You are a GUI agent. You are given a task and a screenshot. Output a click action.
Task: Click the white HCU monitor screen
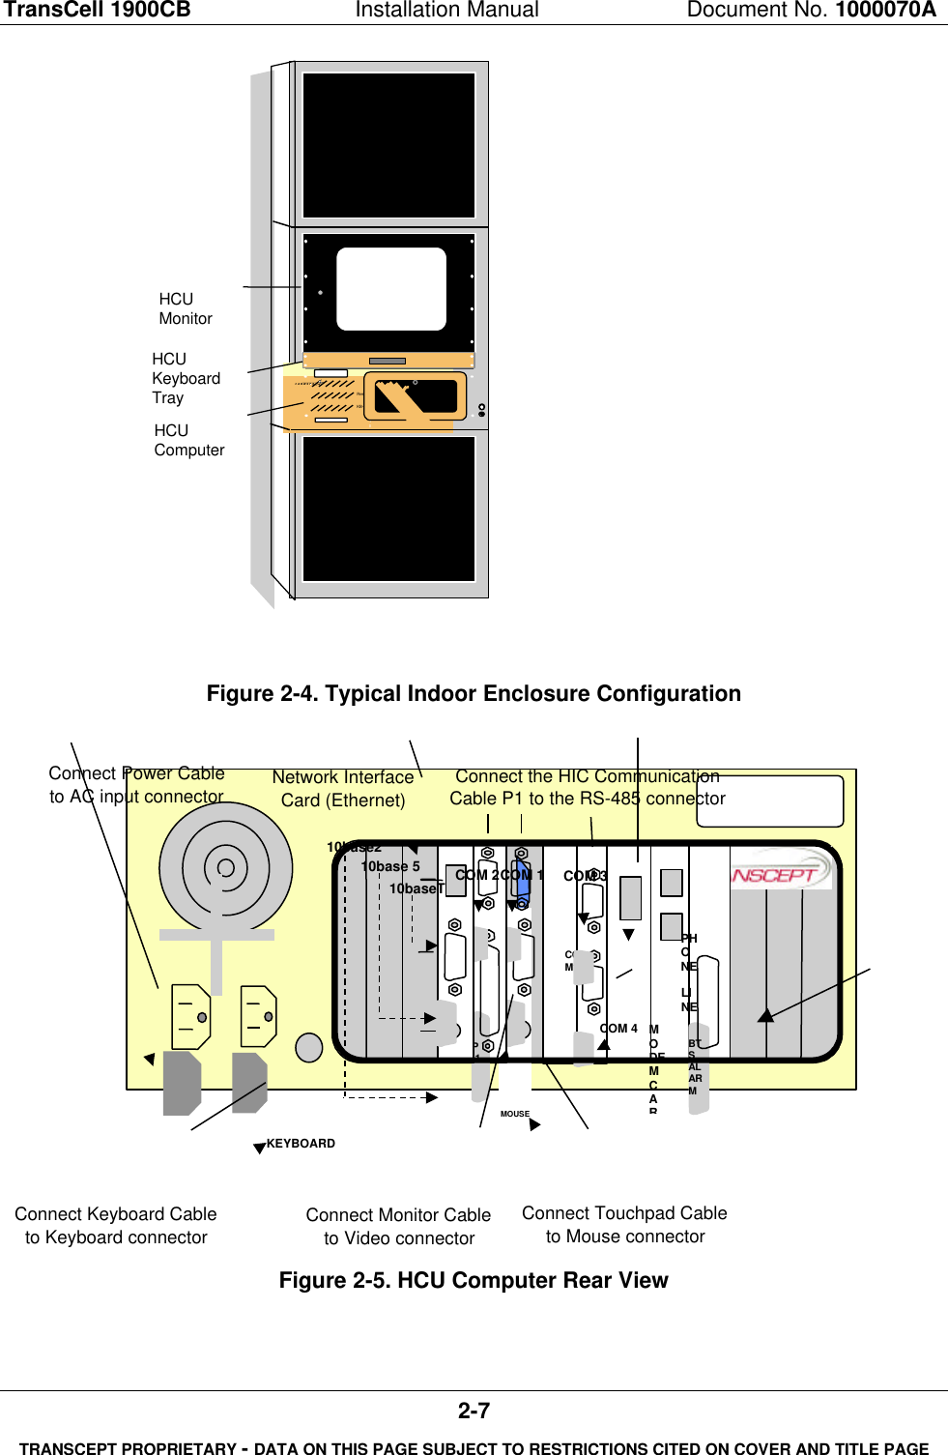390,288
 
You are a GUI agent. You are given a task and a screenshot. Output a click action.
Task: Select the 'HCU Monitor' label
186,309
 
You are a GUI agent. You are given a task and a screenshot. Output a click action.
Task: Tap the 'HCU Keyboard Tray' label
186,378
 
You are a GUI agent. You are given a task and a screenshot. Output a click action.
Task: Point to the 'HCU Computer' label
189,441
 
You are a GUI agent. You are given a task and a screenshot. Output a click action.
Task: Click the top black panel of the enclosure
389,145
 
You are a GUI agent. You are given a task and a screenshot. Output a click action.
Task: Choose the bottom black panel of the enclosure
389,509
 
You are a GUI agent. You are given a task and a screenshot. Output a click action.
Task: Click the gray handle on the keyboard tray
387,362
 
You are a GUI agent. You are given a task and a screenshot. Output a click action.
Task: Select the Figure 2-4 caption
474,694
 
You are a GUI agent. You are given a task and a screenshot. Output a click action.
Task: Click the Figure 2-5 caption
474,1281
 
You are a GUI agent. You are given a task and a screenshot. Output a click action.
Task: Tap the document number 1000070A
885,11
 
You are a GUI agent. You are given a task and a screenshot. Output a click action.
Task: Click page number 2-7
474,1411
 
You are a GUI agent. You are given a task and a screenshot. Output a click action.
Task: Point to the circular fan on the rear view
225,867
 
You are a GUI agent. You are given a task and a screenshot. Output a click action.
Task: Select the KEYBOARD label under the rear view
301,1144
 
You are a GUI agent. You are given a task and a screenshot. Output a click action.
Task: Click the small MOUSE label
514,1114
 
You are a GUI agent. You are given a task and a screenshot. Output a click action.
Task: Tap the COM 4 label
618,1029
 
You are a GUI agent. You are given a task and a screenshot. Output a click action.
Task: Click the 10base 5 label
390,867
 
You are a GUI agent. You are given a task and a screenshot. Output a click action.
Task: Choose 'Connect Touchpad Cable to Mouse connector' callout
624,1225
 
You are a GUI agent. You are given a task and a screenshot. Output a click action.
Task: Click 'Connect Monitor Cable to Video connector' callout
398,1227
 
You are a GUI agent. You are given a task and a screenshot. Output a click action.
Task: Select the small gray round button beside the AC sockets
308,1047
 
